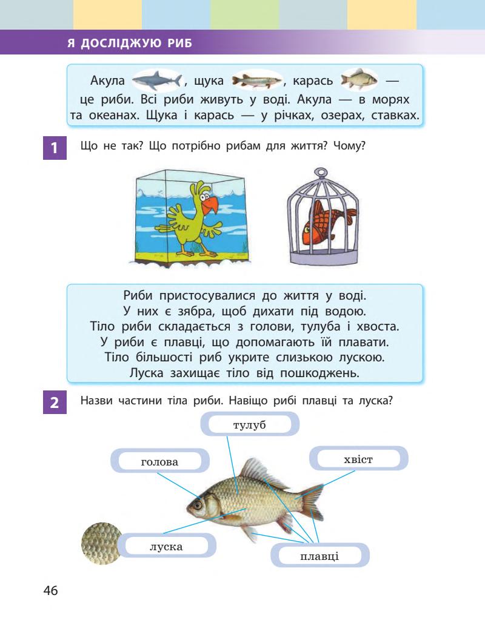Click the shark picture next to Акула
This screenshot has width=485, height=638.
[x=156, y=81]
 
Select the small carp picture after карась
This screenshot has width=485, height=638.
[x=359, y=81]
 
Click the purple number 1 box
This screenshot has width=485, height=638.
[x=55, y=148]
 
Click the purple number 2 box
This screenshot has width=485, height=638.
[x=55, y=403]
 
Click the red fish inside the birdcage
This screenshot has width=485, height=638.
[x=326, y=220]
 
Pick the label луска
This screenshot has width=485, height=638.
[x=166, y=547]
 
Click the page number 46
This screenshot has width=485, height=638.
[x=50, y=591]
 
